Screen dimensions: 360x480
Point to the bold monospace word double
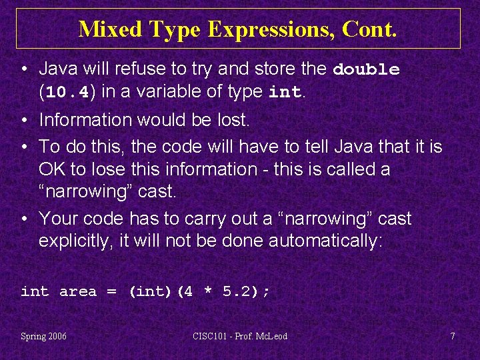367,69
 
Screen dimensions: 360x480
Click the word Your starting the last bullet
59,219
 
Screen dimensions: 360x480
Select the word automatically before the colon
323,241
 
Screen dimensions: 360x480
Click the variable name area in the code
78,291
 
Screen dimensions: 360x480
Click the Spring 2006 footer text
43,336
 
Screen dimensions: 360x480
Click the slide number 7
453,336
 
